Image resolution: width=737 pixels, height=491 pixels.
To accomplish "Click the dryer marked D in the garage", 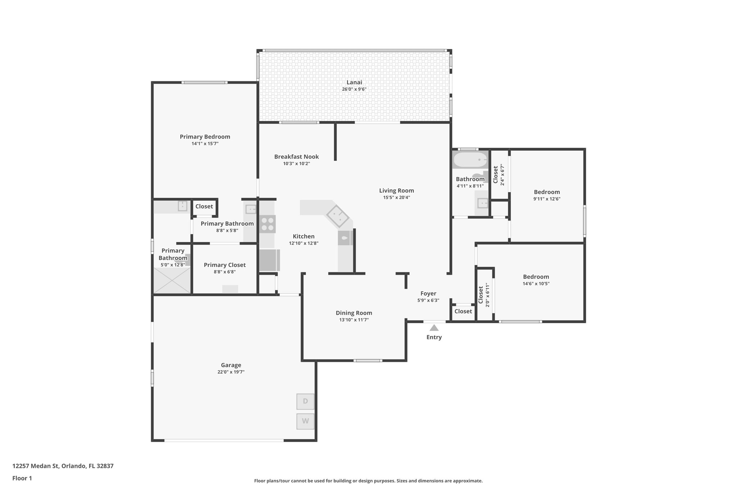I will coord(305,401).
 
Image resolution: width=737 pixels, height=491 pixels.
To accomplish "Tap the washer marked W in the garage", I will coord(305,421).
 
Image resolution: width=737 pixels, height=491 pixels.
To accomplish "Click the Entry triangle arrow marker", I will coord(434,328).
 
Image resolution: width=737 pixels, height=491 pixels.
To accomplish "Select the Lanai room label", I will coord(354,82).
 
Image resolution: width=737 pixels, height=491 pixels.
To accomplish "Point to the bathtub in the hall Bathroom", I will coord(470,160).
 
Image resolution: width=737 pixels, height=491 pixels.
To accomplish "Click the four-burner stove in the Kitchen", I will coord(267,224).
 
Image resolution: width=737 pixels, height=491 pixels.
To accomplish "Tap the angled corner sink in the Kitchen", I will coord(337,216).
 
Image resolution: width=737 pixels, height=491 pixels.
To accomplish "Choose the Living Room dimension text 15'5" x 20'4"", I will coord(397,197).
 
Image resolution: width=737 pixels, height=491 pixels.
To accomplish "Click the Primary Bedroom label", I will coord(205,137).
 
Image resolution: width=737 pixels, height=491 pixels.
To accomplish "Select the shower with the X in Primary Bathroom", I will coord(172,280).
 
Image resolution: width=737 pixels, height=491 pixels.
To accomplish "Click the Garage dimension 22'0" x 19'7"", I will coord(231,372).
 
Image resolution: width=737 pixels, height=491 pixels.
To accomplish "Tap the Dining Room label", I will coord(354,313).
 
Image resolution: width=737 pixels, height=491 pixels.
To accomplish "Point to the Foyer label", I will coord(428,294).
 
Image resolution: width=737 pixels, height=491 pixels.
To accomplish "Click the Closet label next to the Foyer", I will coord(463,311).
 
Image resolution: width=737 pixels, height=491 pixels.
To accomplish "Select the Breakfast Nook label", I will coord(296,157).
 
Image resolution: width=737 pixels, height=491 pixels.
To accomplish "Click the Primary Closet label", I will coord(225,265).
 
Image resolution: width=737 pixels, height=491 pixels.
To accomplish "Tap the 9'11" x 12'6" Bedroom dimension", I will coord(547,199).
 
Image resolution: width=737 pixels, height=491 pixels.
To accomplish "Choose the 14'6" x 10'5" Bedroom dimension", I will coord(536,283).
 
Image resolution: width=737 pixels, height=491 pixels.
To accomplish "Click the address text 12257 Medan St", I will coord(63,466).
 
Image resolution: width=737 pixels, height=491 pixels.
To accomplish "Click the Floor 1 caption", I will coord(22,478).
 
